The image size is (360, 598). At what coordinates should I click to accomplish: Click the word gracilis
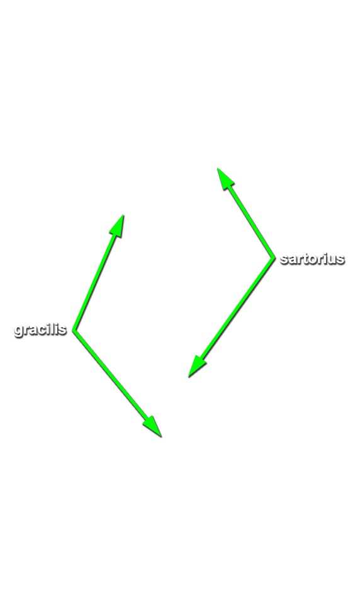40,329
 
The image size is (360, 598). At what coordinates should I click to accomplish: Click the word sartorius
312,259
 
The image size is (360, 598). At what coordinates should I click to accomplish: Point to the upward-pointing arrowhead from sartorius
225,178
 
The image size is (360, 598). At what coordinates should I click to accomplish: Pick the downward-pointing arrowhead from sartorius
197,366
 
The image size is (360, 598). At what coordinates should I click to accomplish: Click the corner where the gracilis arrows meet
74,330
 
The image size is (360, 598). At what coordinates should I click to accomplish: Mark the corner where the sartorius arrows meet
273,258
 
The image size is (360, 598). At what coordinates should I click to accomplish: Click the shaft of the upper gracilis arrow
94,282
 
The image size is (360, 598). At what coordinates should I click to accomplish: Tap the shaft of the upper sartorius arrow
251,221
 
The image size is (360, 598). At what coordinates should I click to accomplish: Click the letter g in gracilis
18,331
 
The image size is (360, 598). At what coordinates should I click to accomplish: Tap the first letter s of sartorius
284,259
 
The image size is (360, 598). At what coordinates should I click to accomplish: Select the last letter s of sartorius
340,259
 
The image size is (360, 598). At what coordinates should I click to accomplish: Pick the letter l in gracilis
52,329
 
